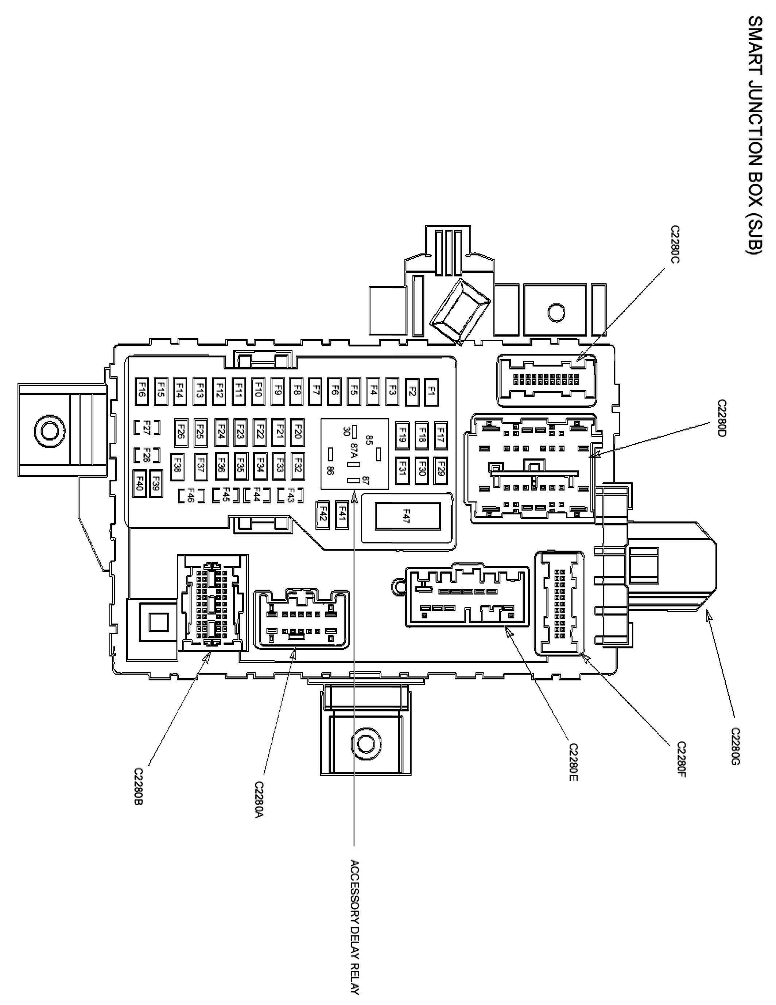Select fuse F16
[x=142, y=392]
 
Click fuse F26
[x=181, y=432]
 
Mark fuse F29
[x=441, y=471]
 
